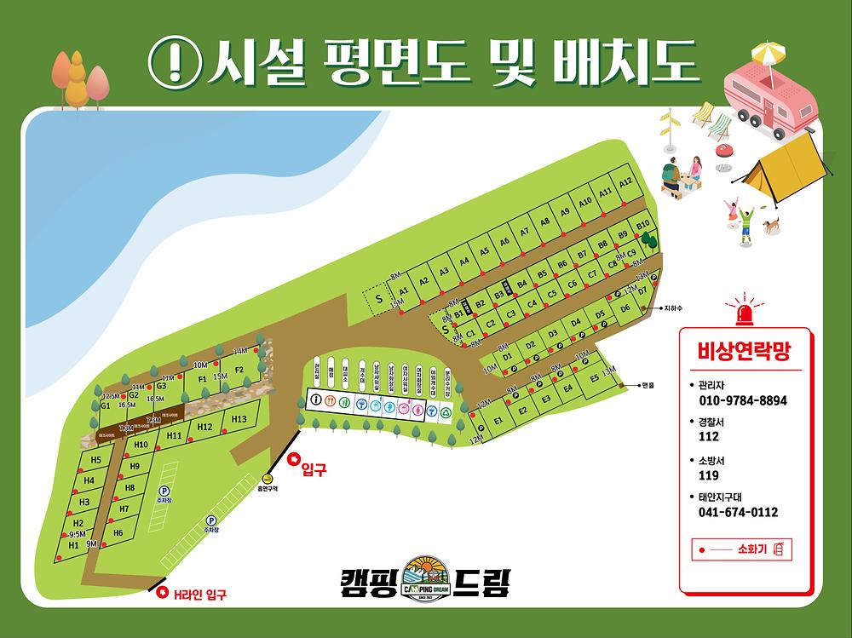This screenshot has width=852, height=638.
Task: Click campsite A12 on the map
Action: coord(625,183)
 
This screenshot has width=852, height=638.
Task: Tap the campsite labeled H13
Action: coord(239,419)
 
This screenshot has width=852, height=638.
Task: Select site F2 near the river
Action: coord(239,370)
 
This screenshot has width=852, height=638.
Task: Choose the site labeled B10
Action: coord(643,224)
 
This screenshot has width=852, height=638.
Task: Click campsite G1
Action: coord(106,406)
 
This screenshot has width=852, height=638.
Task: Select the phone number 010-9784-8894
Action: coord(742,400)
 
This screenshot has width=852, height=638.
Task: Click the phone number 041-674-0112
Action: coord(738,512)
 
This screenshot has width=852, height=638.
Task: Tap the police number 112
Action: coord(708,437)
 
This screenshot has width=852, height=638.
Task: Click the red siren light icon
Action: coord(746,313)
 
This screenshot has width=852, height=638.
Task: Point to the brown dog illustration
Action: coord(770,226)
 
